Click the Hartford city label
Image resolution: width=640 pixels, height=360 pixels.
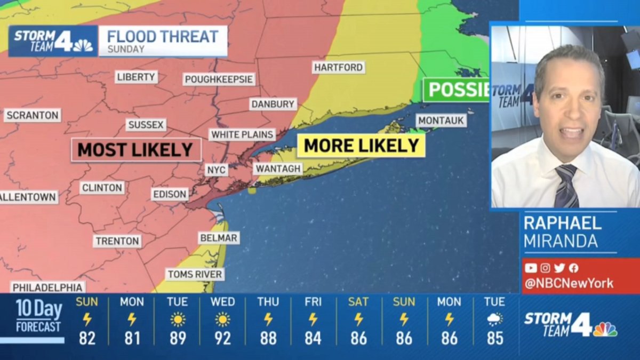point(338,68)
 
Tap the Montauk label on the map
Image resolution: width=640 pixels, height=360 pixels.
point(441,121)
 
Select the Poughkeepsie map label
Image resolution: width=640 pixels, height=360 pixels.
point(219,79)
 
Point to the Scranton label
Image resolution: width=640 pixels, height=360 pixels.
point(32,115)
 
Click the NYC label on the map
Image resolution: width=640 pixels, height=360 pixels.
point(217,170)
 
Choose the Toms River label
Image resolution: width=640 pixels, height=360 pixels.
point(195,275)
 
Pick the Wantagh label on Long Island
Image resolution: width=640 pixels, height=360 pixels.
point(278,169)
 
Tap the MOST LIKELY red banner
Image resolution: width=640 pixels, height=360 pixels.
point(135,150)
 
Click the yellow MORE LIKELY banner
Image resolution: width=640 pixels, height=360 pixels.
point(361,145)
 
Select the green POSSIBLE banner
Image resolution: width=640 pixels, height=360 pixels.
point(456,89)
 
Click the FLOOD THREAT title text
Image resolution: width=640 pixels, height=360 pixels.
point(163,36)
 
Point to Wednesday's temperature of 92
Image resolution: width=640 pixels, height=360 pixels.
point(222,338)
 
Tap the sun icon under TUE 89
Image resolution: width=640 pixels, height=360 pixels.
point(177,319)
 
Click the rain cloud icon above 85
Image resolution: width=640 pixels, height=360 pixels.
point(494,319)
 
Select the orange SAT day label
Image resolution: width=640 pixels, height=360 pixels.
point(358,302)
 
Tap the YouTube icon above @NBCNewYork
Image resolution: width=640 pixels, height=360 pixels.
point(530,268)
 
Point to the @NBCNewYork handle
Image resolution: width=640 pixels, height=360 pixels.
point(569,283)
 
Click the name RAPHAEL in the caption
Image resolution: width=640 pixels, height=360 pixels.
point(562,223)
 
